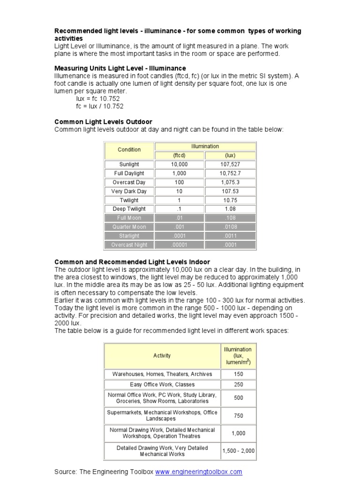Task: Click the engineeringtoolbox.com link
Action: [198, 472]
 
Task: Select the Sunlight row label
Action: [129, 165]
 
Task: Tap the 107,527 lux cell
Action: [230, 165]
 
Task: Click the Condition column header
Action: [129, 150]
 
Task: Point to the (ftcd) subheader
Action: [179, 155]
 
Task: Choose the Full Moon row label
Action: [129, 218]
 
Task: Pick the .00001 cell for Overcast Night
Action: [179, 245]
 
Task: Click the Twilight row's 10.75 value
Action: [230, 200]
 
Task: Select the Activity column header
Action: [162, 356]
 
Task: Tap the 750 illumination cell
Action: [238, 415]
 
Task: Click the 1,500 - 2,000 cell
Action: [238, 451]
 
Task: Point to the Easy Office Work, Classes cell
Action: [162, 384]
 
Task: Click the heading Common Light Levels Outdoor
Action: [103, 122]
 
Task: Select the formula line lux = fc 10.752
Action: [98, 99]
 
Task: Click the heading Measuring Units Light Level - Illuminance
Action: [120, 68]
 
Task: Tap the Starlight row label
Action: [129, 236]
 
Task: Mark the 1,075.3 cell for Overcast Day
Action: [230, 182]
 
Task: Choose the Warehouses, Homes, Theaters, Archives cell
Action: [162, 374]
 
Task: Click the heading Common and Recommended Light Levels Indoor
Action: [132, 262]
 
